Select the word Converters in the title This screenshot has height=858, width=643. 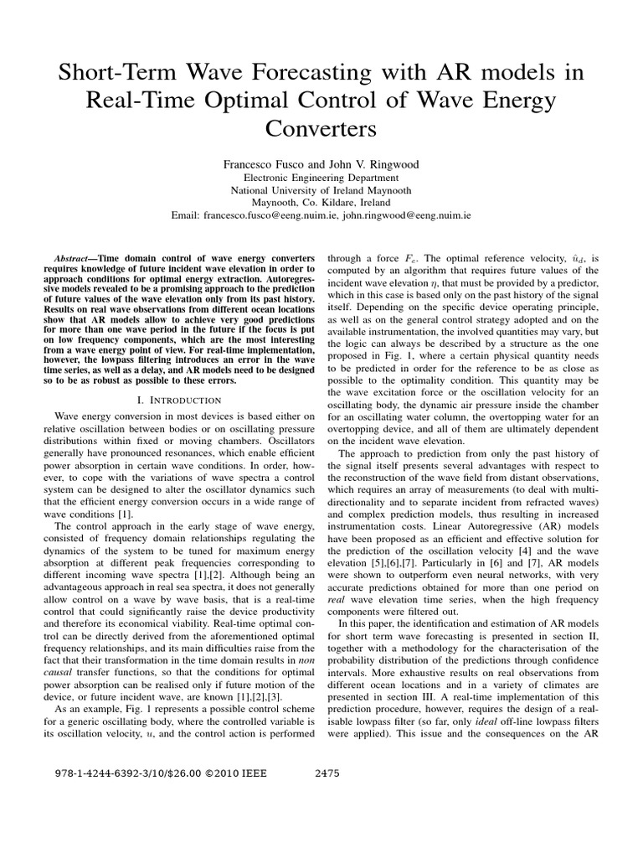coord(321,130)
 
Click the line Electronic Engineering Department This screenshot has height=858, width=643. coord(321,178)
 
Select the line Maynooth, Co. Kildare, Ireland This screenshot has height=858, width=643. coord(321,202)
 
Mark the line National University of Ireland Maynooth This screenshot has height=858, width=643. coord(321,189)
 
